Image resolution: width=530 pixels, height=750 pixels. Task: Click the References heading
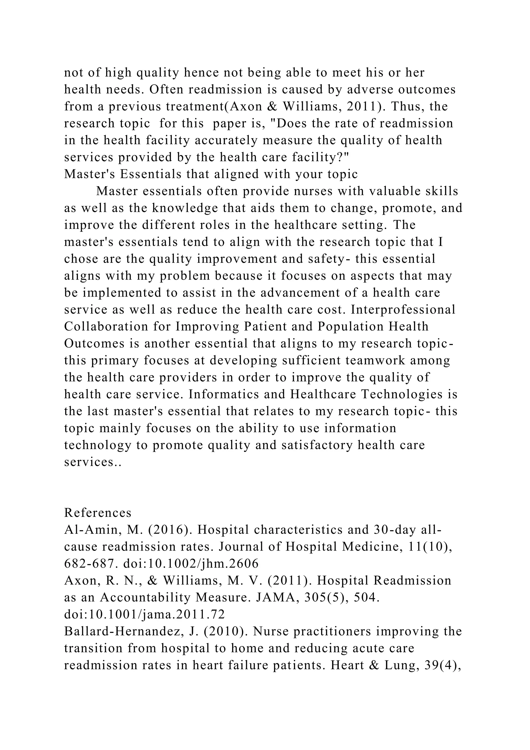(x=98, y=513)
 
